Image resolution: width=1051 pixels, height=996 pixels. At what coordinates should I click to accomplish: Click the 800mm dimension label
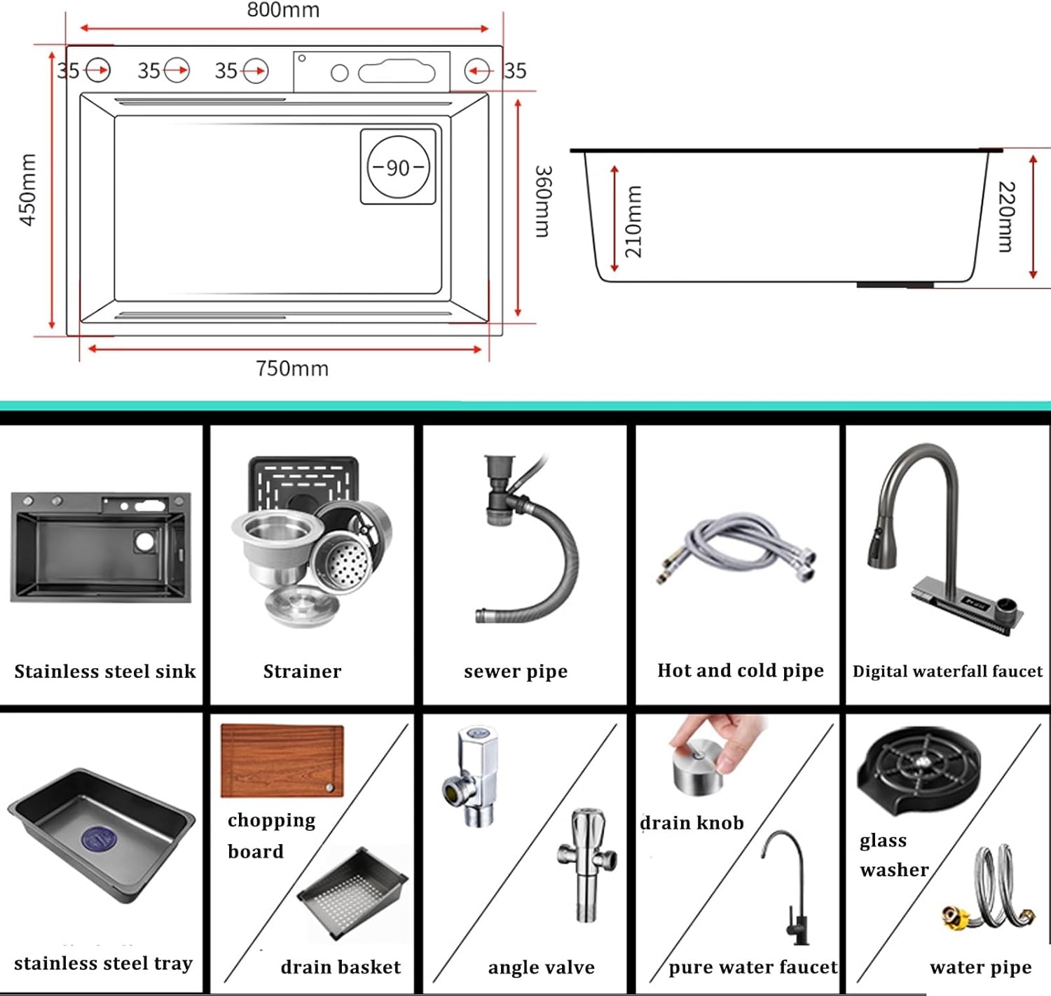click(283, 10)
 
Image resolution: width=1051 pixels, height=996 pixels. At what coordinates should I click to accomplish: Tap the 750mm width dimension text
click(291, 368)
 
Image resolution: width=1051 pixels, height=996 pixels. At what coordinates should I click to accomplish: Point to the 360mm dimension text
click(544, 202)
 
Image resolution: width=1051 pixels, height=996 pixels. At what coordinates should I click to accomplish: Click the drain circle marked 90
click(398, 167)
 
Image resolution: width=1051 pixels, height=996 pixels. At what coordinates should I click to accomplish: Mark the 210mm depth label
click(633, 221)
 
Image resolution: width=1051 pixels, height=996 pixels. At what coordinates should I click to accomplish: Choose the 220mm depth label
click(1006, 216)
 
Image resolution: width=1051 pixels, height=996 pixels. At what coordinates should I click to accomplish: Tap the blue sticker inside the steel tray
click(99, 838)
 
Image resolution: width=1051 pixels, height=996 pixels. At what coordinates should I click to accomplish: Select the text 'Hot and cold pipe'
click(740, 670)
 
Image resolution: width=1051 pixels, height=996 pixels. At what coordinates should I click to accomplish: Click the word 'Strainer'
click(302, 671)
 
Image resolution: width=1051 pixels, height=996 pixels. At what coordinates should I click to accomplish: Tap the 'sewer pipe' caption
click(516, 671)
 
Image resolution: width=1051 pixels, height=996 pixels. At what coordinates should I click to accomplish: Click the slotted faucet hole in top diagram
click(397, 72)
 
